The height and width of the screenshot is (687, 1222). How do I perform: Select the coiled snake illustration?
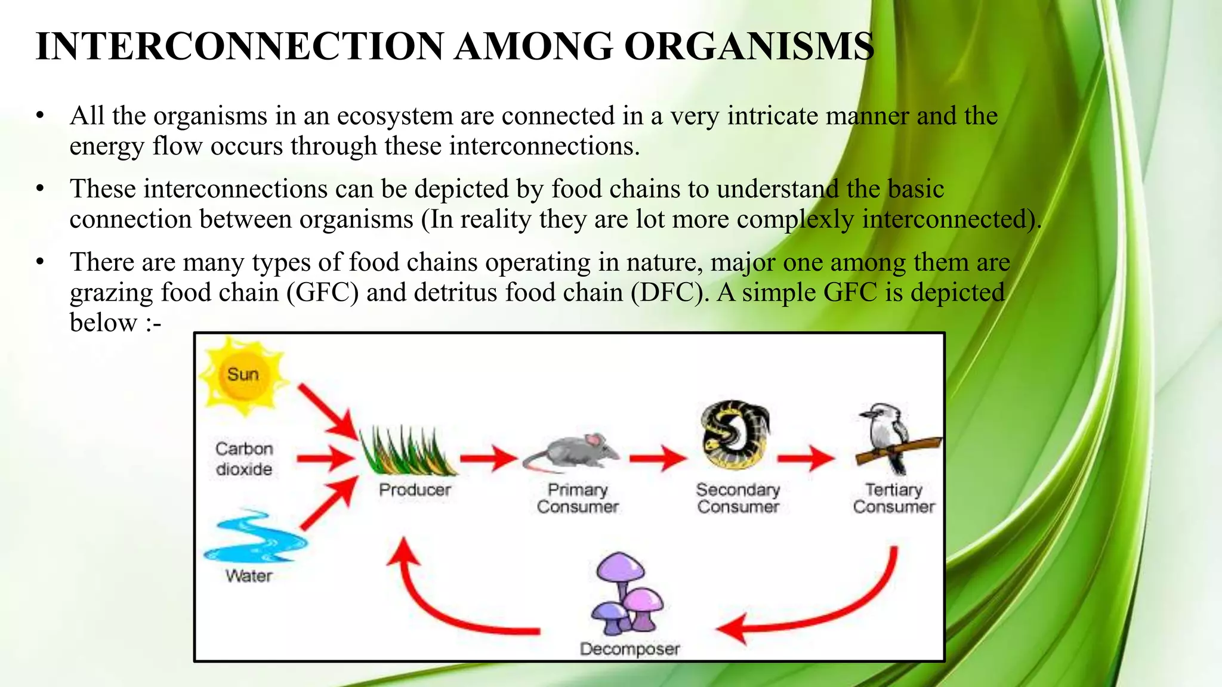[x=735, y=435]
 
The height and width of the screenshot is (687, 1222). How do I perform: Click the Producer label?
[x=415, y=490]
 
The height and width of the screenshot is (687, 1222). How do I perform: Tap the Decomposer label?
[x=629, y=649]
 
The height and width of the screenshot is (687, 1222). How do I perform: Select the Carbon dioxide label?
[x=244, y=459]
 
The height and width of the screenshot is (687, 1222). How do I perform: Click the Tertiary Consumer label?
[x=893, y=498]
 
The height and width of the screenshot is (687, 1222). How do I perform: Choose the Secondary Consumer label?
[x=738, y=498]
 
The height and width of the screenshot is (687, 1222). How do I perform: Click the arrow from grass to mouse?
[x=488, y=458]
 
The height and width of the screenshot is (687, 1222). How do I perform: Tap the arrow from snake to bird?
[x=806, y=458]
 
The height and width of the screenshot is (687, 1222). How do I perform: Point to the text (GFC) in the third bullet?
[x=322, y=293]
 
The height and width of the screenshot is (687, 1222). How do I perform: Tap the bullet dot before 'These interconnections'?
[x=40, y=189]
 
